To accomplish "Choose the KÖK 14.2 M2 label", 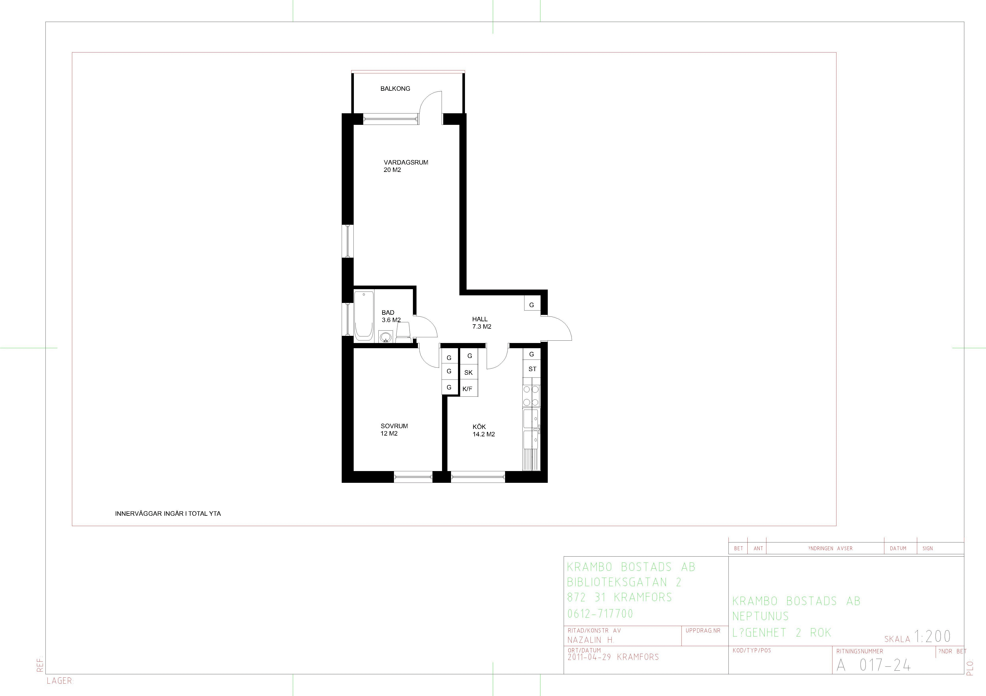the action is pyautogui.click(x=484, y=430).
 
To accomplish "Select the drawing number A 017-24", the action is pyautogui.click(x=873, y=665).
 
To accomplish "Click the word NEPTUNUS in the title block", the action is pyautogui.click(x=761, y=616).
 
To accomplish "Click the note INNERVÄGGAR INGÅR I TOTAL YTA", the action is pyautogui.click(x=168, y=514).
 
